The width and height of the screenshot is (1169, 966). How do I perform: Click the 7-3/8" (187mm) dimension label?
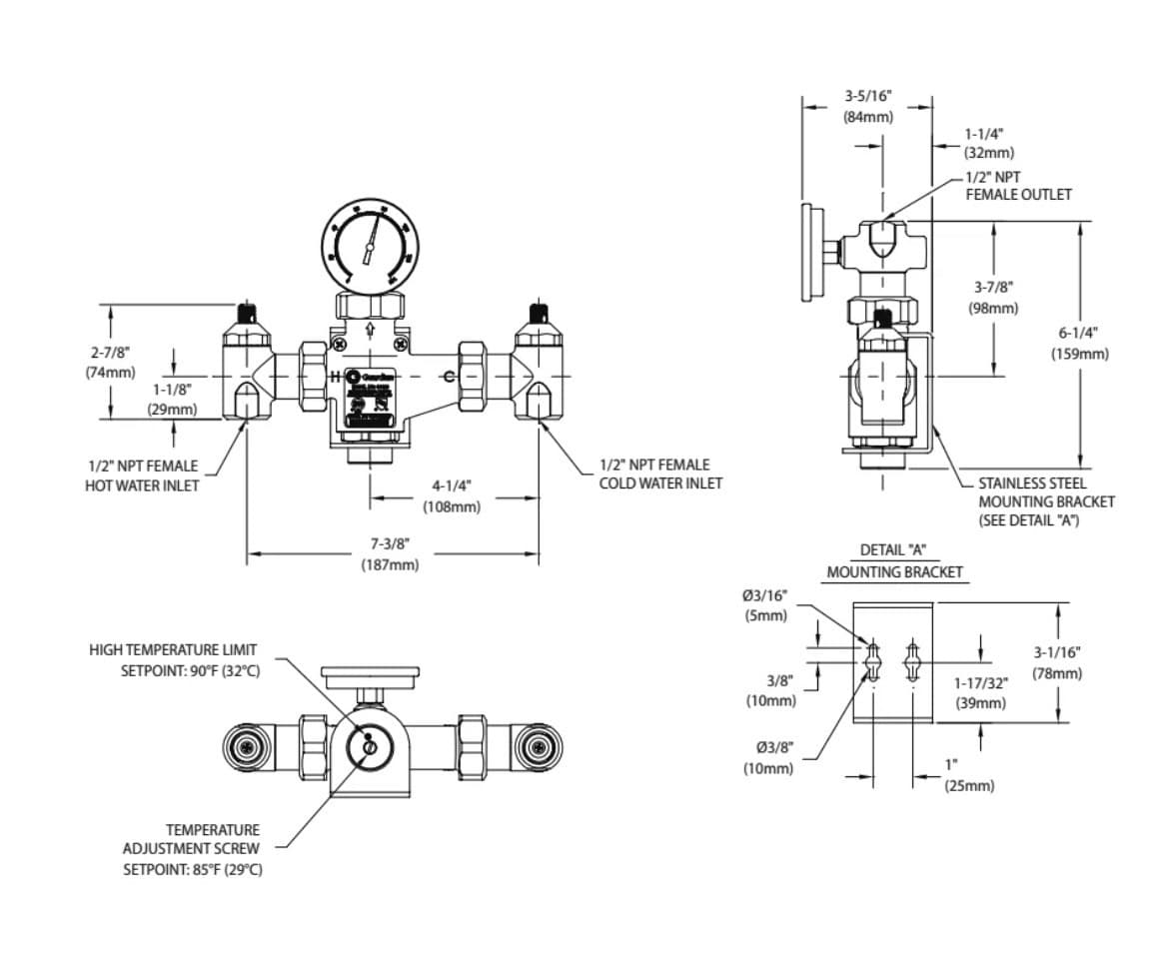click(390, 554)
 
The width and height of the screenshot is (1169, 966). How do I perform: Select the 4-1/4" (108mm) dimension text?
click(451, 496)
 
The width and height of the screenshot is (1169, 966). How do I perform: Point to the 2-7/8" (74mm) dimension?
click(109, 363)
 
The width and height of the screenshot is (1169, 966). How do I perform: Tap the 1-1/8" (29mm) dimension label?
click(172, 399)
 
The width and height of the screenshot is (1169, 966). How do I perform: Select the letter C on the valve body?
click(449, 377)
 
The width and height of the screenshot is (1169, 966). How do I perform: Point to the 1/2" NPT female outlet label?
click(1017, 186)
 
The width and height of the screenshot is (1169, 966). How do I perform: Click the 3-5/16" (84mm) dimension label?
click(866, 106)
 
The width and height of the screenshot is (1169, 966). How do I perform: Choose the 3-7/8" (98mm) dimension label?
click(995, 298)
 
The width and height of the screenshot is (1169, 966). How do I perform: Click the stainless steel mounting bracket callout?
click(1045, 501)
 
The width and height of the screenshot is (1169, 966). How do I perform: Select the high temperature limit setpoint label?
click(174, 659)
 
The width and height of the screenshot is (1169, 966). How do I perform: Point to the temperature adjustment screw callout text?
click(192, 849)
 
